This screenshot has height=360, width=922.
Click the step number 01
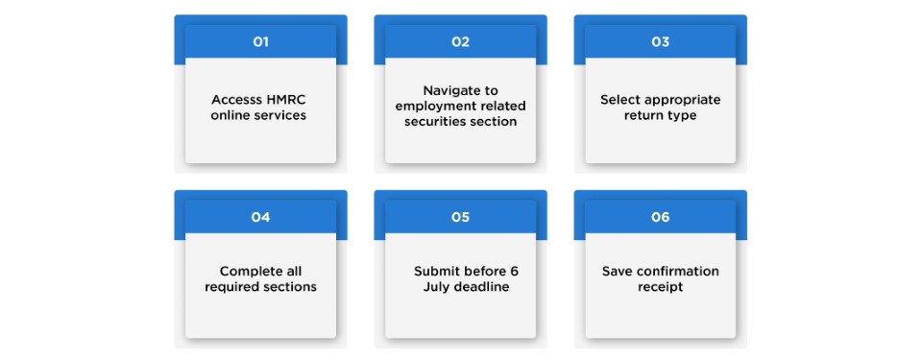point(260,42)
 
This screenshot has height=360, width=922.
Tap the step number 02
point(460,42)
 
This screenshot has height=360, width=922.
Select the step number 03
point(660,42)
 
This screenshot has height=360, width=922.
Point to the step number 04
point(260,217)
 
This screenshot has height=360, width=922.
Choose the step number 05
point(460,217)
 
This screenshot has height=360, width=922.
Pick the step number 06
point(660,217)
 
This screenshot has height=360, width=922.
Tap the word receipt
point(660,287)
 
